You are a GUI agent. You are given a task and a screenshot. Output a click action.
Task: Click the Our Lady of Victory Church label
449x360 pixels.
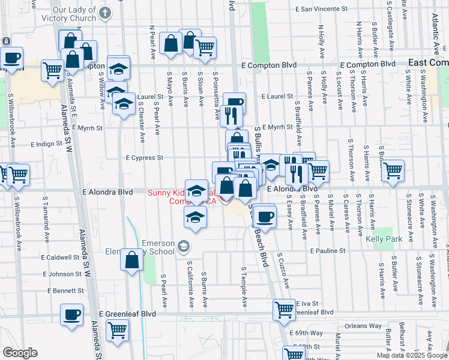[x=74, y=14]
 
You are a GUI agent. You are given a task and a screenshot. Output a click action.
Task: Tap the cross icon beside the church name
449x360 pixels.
[x=105, y=13]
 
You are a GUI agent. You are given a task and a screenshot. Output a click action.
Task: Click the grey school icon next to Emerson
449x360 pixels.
[x=184, y=246]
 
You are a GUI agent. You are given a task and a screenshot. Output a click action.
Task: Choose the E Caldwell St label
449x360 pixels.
[x=61, y=257]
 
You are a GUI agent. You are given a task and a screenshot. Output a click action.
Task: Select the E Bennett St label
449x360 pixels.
[x=61, y=291]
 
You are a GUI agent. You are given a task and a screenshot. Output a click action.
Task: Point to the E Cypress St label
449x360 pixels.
[x=143, y=158]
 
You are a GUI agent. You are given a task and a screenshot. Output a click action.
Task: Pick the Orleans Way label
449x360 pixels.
[x=363, y=326]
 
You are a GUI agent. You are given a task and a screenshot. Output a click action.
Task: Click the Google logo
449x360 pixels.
[x=20, y=353]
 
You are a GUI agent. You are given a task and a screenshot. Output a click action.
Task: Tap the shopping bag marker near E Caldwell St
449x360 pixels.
[x=132, y=261]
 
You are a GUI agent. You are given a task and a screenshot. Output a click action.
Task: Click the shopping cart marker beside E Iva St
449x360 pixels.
[x=285, y=310]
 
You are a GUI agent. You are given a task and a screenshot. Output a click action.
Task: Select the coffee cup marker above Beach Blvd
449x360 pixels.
[x=264, y=216]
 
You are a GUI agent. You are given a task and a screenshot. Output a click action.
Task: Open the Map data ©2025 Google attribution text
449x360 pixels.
[x=412, y=355]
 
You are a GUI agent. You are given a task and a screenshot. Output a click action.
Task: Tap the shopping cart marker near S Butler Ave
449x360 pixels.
[x=393, y=170]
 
